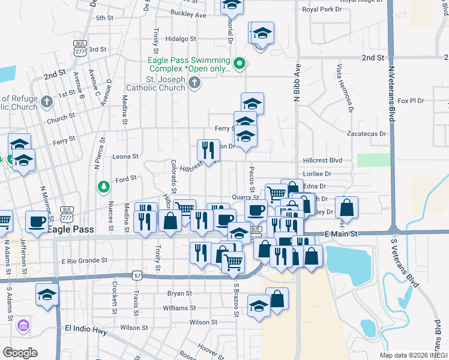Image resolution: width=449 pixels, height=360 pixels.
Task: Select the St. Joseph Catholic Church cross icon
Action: pos(194,83)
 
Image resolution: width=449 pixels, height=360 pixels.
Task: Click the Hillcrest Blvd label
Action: pos(322,161)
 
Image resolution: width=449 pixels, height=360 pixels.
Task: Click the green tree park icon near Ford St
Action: pos(104,187)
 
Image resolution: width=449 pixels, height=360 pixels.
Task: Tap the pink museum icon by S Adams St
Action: pos(24,326)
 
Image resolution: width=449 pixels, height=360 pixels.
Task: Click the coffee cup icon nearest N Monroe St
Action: pos(36,222)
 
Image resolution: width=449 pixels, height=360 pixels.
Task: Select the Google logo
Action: pos(20,352)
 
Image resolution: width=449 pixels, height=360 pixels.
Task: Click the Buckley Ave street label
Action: pos(188,14)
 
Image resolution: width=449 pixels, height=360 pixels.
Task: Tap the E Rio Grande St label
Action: pos(84,261)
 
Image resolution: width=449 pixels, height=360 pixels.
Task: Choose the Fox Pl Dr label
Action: pos(411,101)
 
